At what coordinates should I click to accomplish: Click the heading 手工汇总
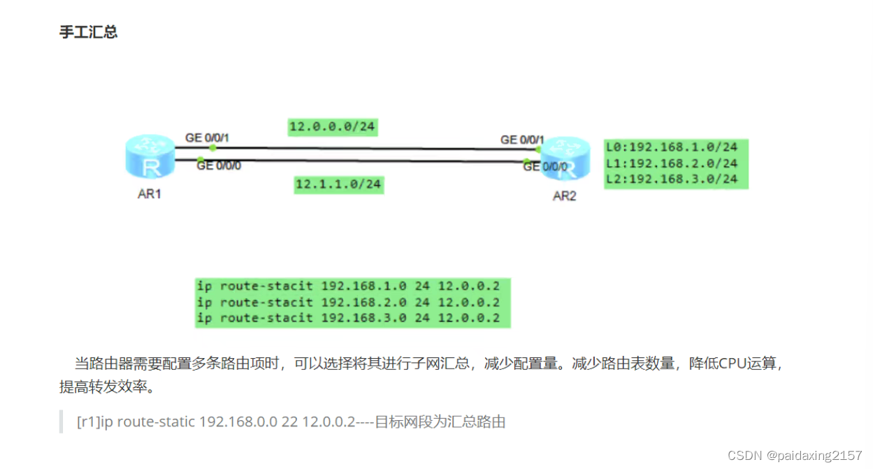click(88, 33)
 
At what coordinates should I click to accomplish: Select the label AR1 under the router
click(150, 194)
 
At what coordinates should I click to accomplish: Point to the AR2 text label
click(564, 196)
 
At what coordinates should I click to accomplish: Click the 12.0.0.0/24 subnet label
click(333, 127)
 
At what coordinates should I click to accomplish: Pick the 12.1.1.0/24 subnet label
click(338, 184)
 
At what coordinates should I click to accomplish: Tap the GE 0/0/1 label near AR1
click(207, 138)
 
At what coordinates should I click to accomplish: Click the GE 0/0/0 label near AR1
click(219, 166)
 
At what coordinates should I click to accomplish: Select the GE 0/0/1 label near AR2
click(522, 140)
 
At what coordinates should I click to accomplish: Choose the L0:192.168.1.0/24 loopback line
click(672, 147)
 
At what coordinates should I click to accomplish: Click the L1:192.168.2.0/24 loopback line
click(672, 163)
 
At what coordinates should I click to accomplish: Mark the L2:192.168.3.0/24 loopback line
click(672, 179)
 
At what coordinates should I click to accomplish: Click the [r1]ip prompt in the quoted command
click(94, 422)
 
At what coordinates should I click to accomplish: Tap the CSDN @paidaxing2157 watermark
click(795, 455)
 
